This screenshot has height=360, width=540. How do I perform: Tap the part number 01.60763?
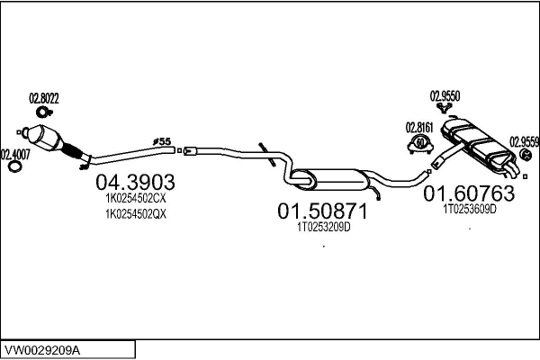(x=469, y=193)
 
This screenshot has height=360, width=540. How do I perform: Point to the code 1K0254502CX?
(x=136, y=198)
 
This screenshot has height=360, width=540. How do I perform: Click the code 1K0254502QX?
(x=136, y=214)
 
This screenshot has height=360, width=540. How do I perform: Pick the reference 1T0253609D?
(x=469, y=208)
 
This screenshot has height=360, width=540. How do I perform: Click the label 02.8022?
(x=43, y=98)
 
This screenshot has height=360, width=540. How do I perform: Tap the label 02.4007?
(x=13, y=153)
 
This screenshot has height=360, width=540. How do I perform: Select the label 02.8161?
(x=418, y=126)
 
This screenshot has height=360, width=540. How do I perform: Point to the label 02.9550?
(x=445, y=95)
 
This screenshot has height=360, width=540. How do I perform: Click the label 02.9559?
(x=524, y=140)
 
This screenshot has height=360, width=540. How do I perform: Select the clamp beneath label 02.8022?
(x=42, y=112)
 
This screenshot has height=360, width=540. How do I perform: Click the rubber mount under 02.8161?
(x=418, y=143)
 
